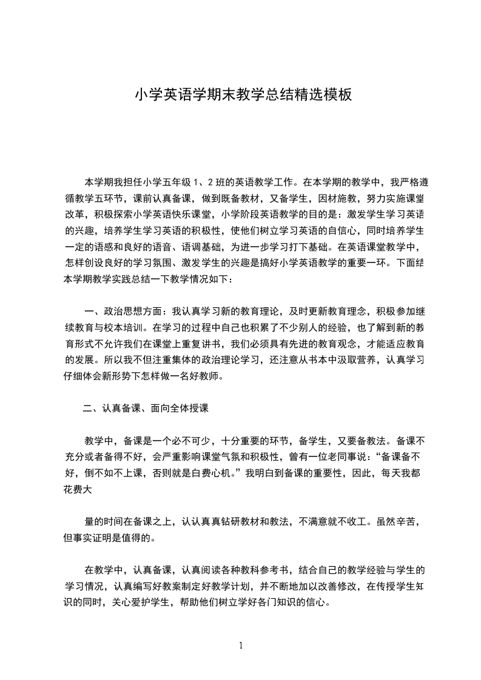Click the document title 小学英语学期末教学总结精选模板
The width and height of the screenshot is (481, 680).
(243, 95)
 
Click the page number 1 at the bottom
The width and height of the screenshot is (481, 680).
(241, 645)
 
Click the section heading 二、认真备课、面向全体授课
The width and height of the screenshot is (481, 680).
(146, 408)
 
